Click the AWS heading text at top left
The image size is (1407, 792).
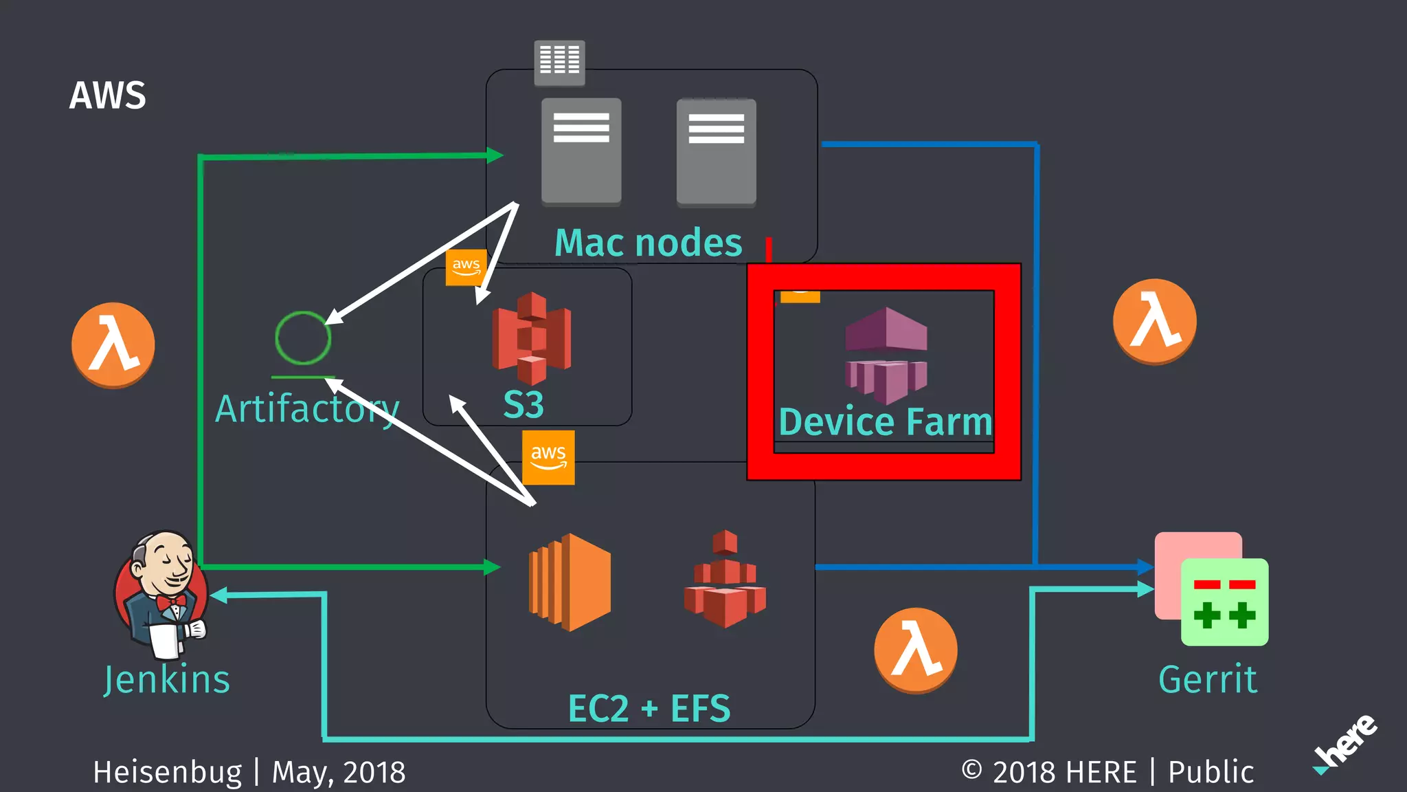108,96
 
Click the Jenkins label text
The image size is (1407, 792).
167,679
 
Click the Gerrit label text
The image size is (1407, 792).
1208,679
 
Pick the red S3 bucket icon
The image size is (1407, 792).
531,338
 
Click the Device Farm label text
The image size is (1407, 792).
885,421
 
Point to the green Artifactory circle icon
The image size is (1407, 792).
303,338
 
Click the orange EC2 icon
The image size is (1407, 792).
570,582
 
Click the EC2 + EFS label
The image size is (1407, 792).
649,708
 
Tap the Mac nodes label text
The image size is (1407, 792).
648,243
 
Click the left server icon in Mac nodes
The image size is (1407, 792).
581,151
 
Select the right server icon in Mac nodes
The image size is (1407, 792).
716,152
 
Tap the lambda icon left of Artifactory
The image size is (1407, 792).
113,344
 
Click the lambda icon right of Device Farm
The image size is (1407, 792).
1154,321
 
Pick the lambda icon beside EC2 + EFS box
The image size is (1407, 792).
915,650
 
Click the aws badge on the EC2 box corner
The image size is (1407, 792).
548,457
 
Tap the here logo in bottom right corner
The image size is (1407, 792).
1347,743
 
